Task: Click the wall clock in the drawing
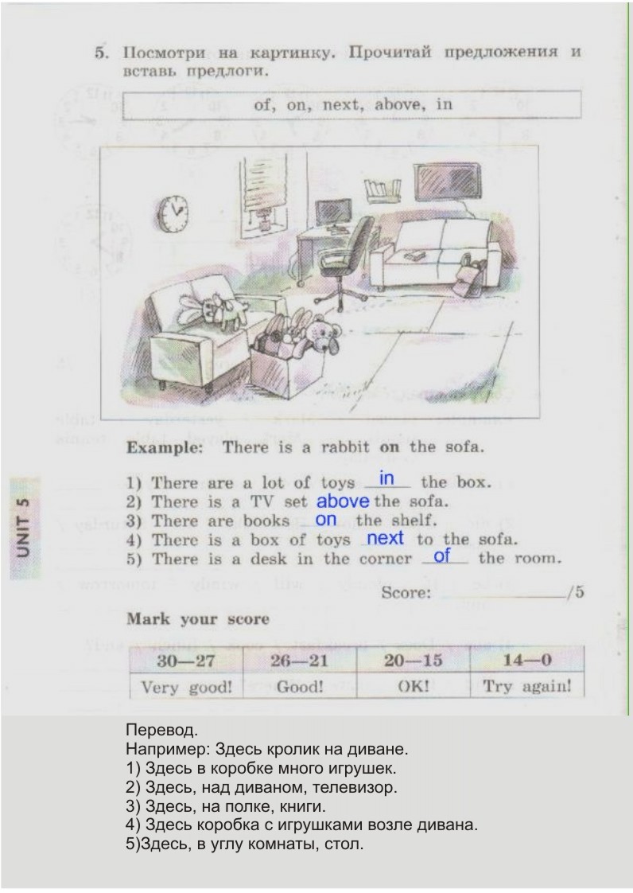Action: coord(173,213)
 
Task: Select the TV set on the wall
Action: coord(448,182)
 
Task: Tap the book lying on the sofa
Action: coord(415,256)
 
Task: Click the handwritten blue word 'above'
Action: coord(343,501)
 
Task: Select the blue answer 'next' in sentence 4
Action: coord(385,538)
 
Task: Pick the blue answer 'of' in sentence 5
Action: coord(441,556)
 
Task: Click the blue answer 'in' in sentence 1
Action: coord(386,478)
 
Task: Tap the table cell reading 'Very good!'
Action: coord(187,686)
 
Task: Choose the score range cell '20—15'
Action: coord(414,660)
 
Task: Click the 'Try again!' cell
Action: coord(527,686)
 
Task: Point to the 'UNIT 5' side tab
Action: coord(24,528)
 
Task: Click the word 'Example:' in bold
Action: coord(165,447)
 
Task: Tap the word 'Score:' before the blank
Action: coord(406,593)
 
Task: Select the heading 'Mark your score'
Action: coord(197,619)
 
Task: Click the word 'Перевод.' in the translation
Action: coord(161,730)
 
